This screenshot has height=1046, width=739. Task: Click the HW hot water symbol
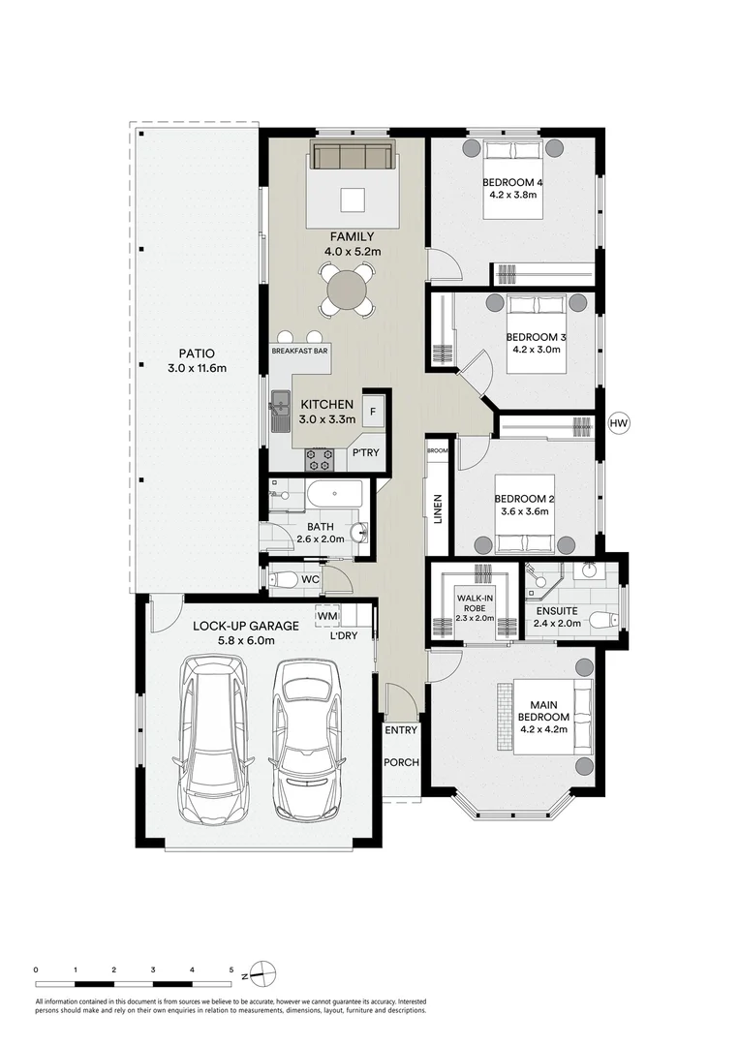(x=618, y=423)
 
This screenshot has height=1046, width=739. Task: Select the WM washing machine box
(x=326, y=615)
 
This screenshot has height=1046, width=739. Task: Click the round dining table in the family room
(x=346, y=289)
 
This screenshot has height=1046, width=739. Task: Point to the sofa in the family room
(x=351, y=156)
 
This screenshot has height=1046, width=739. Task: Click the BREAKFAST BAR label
(x=300, y=352)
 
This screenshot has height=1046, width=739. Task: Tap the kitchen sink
(x=282, y=407)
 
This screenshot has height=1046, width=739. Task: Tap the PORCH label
(x=402, y=762)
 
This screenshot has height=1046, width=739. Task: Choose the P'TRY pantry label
(x=365, y=453)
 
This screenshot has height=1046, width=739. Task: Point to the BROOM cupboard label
(x=438, y=450)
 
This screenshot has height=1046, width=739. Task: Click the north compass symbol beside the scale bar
(x=266, y=970)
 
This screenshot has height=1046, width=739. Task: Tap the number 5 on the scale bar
(x=231, y=969)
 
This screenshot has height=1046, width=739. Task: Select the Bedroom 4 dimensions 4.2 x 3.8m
(x=512, y=194)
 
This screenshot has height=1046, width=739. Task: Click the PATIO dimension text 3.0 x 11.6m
(x=196, y=368)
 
